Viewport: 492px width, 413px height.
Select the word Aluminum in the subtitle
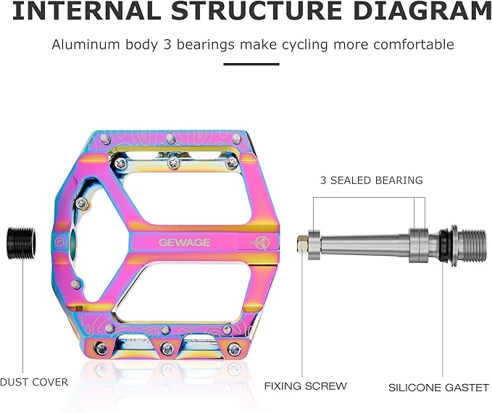86,45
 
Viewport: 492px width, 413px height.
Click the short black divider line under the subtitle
251,64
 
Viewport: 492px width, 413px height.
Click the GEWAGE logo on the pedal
184,242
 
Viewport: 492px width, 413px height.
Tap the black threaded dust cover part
21,243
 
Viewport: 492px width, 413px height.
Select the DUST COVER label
34,382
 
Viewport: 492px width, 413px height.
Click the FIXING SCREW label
305,386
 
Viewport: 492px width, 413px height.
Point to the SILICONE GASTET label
438,388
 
